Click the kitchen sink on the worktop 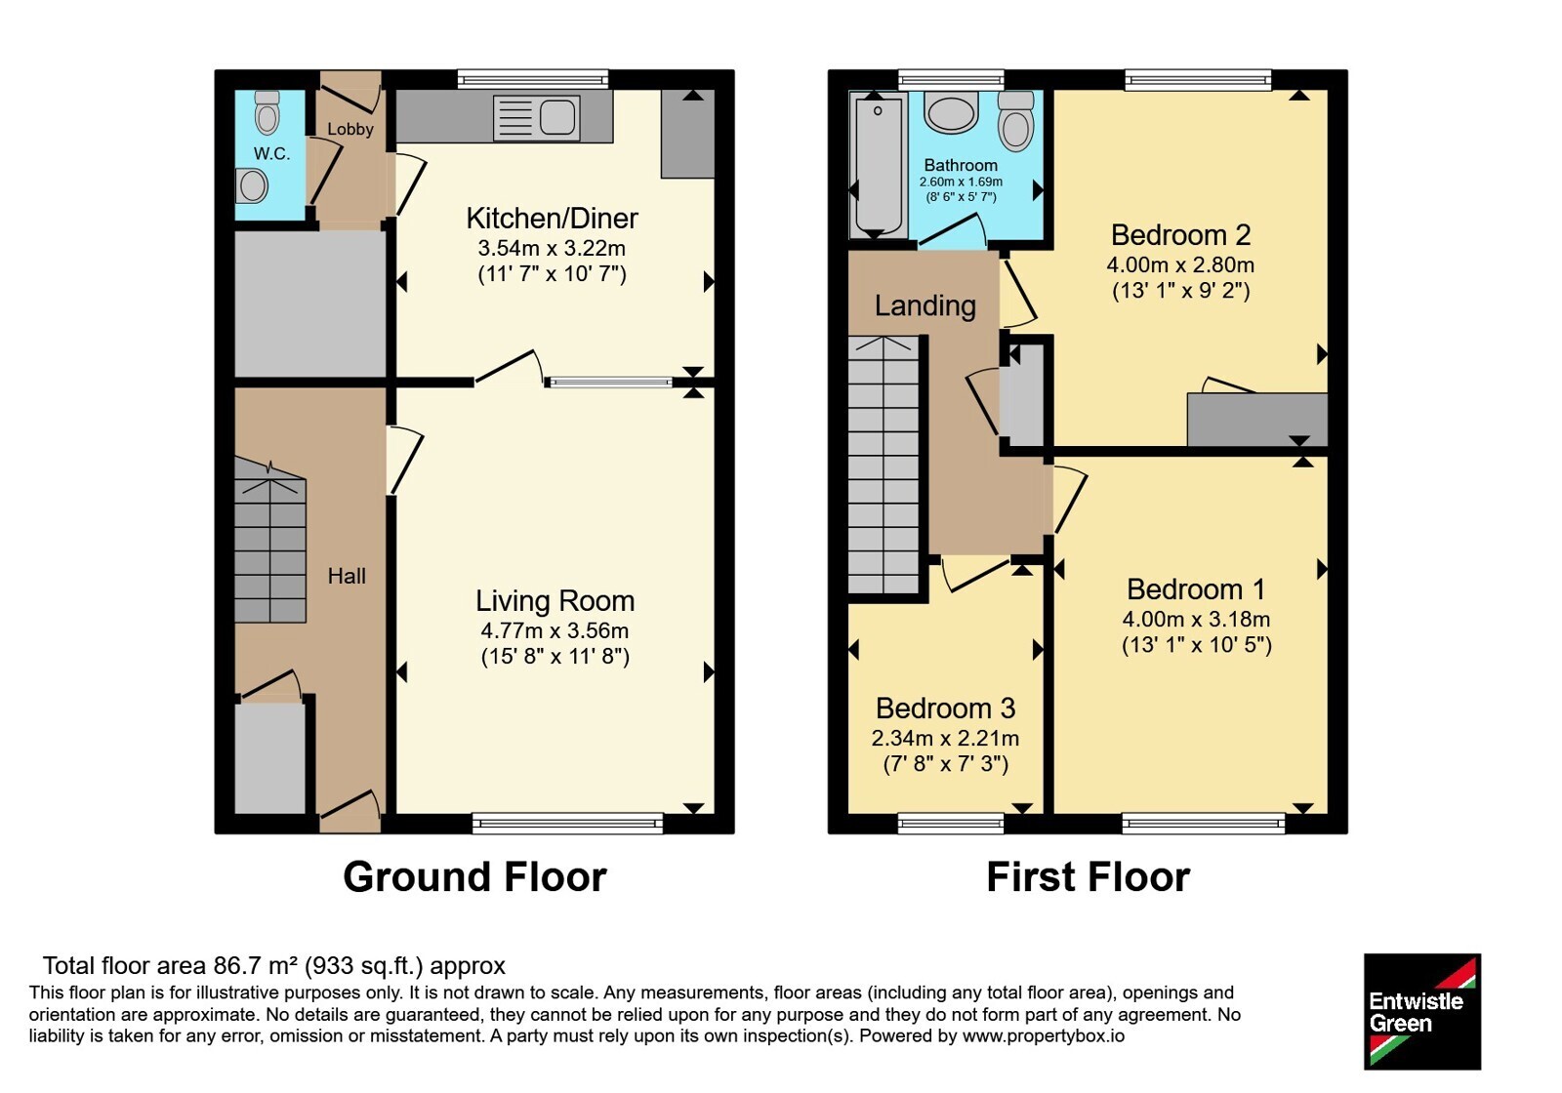536,117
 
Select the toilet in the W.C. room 267,112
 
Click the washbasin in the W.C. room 252,185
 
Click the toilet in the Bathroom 1016,121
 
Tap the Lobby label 350,129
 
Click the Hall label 347,576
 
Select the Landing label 925,306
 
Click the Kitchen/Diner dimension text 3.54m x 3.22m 552,248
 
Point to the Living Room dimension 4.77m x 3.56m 555,630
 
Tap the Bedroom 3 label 946,708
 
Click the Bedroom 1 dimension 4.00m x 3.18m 1196,619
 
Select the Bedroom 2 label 1180,235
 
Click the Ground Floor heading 474,877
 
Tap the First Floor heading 1088,877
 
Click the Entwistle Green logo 1422,1011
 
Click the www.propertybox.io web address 1044,1035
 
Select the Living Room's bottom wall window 567,824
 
